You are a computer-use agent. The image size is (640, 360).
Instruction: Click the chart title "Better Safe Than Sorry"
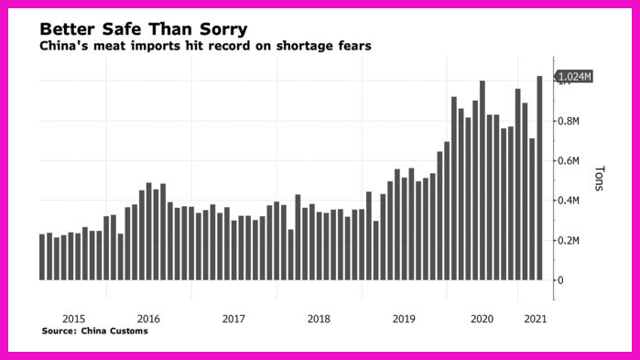click(x=143, y=29)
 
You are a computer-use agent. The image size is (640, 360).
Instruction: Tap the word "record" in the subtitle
click(x=229, y=46)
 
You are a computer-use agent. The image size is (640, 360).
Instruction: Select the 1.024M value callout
click(x=573, y=76)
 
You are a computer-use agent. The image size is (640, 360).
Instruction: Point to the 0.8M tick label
click(x=569, y=121)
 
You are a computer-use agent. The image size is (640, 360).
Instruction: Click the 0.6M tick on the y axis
click(x=569, y=161)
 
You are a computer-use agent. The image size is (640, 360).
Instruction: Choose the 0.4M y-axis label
click(x=569, y=201)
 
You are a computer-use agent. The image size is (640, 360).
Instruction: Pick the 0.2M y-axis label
click(x=569, y=240)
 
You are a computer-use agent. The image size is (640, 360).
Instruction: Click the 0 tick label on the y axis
click(x=560, y=280)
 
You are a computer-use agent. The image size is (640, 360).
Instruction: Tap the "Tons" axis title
click(x=599, y=179)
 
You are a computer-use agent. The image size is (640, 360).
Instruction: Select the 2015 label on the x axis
click(x=74, y=319)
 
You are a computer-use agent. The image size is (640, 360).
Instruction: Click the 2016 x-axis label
click(x=148, y=319)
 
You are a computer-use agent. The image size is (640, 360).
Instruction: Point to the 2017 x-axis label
click(x=233, y=319)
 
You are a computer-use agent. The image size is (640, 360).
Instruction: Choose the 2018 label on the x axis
click(x=319, y=319)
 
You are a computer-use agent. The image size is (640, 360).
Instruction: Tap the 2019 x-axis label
click(x=404, y=319)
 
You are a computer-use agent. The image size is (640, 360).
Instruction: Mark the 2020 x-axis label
click(x=482, y=319)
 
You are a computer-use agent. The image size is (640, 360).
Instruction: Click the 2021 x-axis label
click(x=535, y=319)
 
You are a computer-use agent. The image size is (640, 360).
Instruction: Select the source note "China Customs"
click(x=114, y=331)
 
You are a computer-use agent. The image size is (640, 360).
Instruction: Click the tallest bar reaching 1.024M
click(x=539, y=178)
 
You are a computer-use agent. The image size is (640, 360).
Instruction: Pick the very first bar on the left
click(x=42, y=257)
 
